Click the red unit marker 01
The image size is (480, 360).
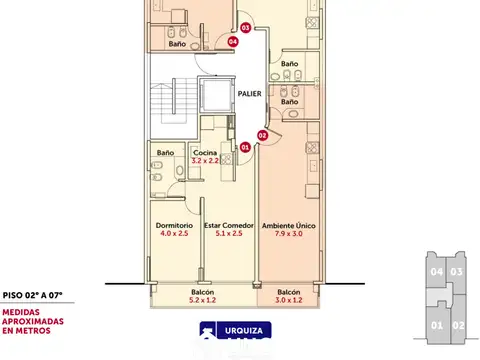click(x=245, y=147)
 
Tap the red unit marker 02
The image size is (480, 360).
click(x=262, y=134)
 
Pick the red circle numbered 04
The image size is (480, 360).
click(x=232, y=42)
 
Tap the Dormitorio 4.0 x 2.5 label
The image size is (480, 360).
click(x=173, y=231)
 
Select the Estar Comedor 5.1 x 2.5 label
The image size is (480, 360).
click(x=229, y=231)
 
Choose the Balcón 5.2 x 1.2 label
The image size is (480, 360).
click(x=203, y=296)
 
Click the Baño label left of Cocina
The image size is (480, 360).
click(x=165, y=153)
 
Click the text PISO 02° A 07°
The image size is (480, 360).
click(x=32, y=295)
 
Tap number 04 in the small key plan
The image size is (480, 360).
click(x=435, y=271)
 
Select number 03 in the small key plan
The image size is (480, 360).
click(x=456, y=271)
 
